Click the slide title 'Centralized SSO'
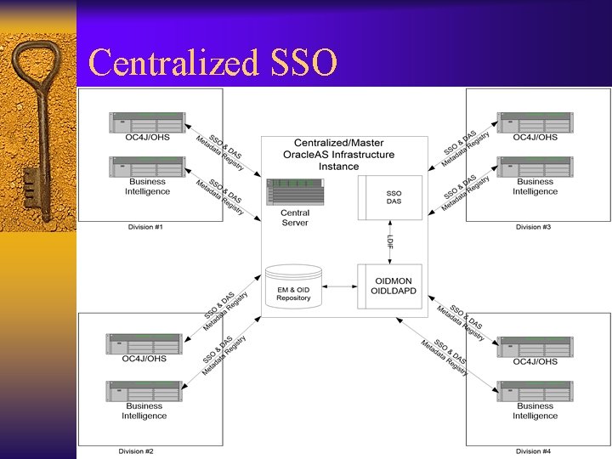click(x=212, y=62)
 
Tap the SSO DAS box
click(x=393, y=197)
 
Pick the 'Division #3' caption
click(x=534, y=227)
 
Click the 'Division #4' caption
click(x=534, y=451)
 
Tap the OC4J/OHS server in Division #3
click(x=535, y=122)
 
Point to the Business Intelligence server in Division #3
click(x=535, y=167)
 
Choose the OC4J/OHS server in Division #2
click(x=144, y=343)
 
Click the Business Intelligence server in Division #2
click(x=144, y=391)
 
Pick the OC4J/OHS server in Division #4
click(x=535, y=346)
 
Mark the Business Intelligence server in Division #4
click(x=535, y=391)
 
